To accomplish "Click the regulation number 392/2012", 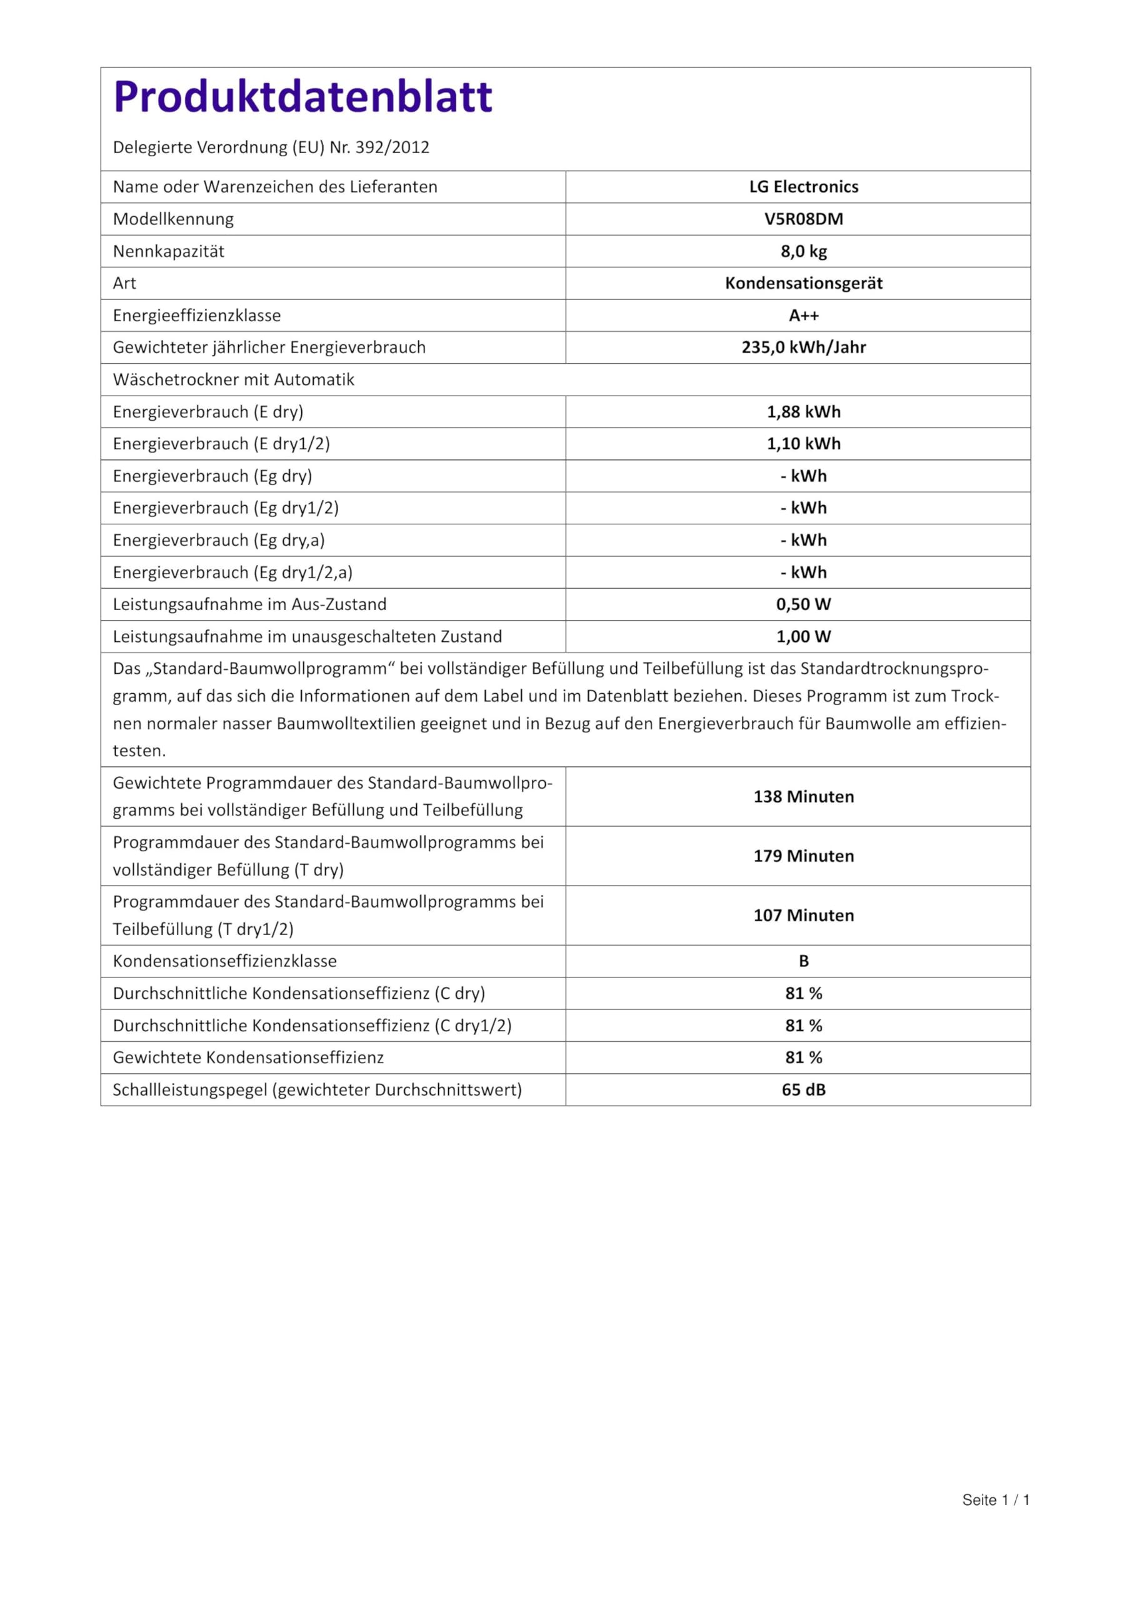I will [x=392, y=147].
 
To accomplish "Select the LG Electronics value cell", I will [x=803, y=187].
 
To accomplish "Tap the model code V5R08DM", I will [x=803, y=219].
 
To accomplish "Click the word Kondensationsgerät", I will [x=803, y=283].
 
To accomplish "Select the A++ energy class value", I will [x=803, y=316].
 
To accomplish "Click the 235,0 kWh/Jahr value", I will [x=803, y=347].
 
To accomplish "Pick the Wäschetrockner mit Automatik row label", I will [x=234, y=380].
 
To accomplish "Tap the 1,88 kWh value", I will [x=803, y=412].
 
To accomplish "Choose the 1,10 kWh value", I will [x=803, y=444].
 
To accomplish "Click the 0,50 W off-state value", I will [x=803, y=604].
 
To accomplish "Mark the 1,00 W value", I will [x=803, y=636].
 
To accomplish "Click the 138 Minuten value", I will [x=803, y=796].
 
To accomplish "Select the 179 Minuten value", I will [x=803, y=856].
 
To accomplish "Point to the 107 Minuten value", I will [x=803, y=915].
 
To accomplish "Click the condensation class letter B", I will [x=803, y=961].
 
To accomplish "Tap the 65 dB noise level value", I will [x=803, y=1089].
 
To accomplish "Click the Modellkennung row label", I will [x=173, y=219].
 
